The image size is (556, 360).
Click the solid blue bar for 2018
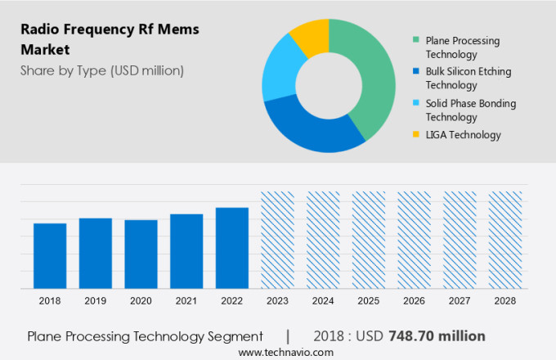(50, 255)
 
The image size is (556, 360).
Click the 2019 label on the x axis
(95, 301)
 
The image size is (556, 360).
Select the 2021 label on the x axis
(186, 301)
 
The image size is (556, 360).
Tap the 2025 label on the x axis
(369, 301)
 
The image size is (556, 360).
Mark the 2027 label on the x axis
(460, 301)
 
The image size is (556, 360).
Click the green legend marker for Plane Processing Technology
(417, 40)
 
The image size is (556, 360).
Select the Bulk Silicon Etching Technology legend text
(468, 78)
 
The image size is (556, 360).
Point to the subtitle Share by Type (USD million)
(102, 70)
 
